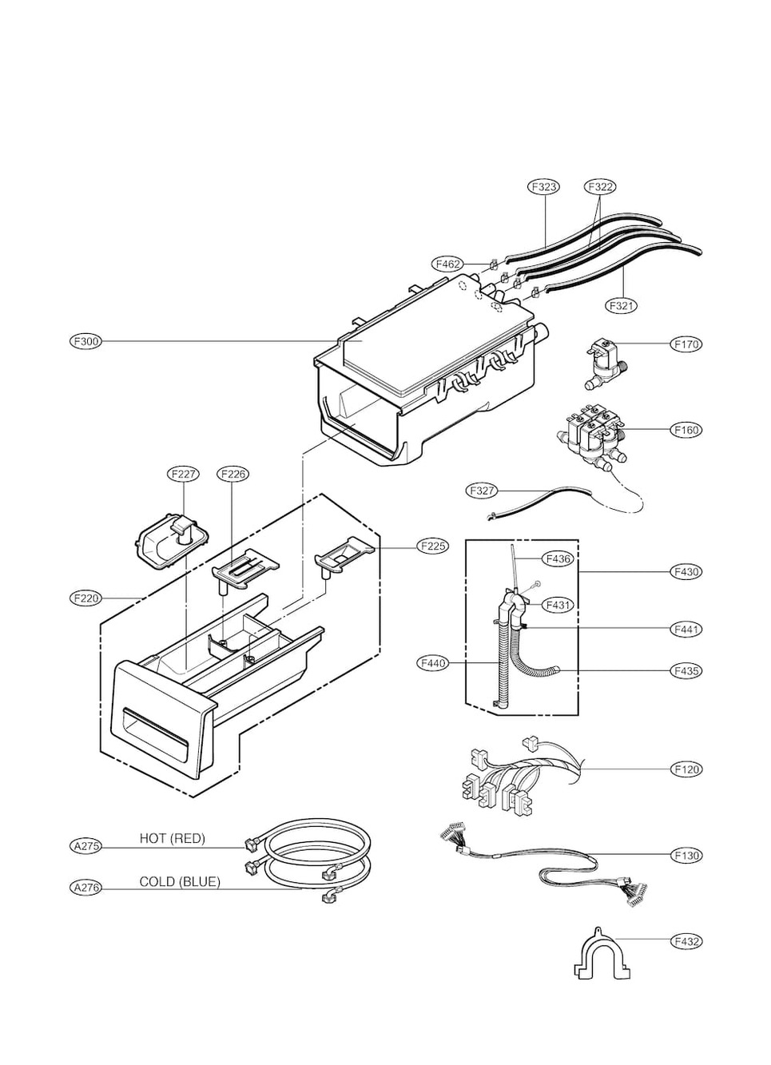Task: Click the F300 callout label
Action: (x=85, y=342)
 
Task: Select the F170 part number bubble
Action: (x=686, y=344)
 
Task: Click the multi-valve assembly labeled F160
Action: (x=591, y=439)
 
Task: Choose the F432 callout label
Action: (x=686, y=941)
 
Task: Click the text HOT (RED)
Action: (x=172, y=838)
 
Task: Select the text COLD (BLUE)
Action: (x=180, y=882)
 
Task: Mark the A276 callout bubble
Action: (x=85, y=888)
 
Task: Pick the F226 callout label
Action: (x=232, y=474)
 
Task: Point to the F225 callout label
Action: (x=432, y=546)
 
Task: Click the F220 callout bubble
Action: (x=85, y=598)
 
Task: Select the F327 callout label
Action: (x=482, y=491)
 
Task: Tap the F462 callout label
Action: (x=447, y=264)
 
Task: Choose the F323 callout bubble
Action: (x=544, y=187)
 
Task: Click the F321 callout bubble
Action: (x=622, y=305)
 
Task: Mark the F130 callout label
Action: (x=686, y=855)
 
